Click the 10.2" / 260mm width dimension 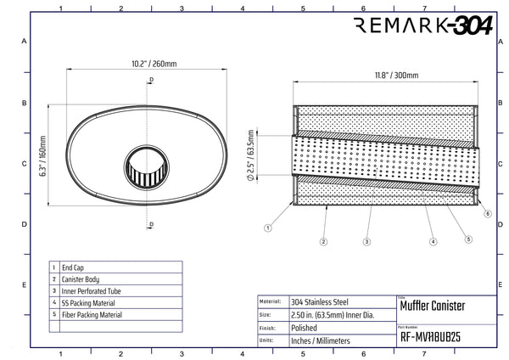tap(154, 64)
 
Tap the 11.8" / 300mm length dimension tap(397, 76)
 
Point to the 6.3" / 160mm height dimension tap(43, 156)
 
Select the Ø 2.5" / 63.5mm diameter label tap(250, 155)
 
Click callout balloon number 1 tap(268, 228)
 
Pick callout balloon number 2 tap(323, 242)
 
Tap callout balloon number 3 tap(366, 242)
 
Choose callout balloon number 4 tap(433, 242)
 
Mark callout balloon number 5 tap(468, 239)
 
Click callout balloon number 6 tap(488, 213)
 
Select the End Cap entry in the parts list tap(73, 267)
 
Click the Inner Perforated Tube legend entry tap(92, 291)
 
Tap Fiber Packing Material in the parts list tap(92, 315)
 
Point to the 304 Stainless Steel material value tap(320, 302)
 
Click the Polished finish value tap(304, 328)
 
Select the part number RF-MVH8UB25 tap(430, 337)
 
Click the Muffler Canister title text tap(433, 306)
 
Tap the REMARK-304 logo tap(423, 25)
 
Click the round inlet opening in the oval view tap(147, 167)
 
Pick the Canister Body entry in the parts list tap(81, 279)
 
